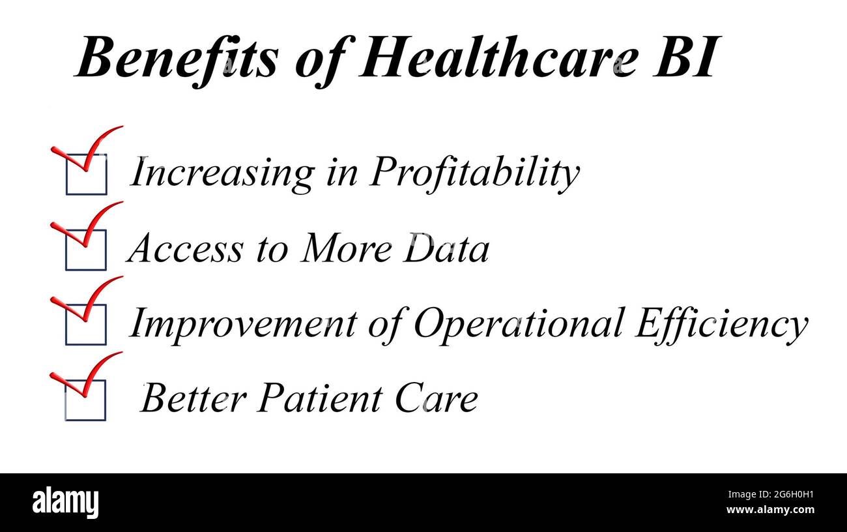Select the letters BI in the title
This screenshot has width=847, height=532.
coord(685,57)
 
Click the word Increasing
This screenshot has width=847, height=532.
coord(222,174)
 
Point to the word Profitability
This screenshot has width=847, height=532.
coord(474,174)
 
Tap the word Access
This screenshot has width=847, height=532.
coord(185,248)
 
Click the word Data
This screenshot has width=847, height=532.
coord(446,247)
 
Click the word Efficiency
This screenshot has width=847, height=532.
coord(721,325)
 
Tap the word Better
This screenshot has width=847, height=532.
coord(194,397)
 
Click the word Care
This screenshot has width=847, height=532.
coord(437,397)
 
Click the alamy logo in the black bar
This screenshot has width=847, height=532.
coord(65,503)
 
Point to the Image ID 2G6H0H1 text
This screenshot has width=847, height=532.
coord(771,494)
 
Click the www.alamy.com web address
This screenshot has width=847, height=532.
coord(770,509)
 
